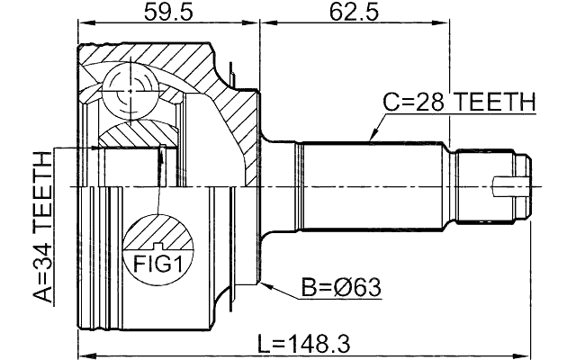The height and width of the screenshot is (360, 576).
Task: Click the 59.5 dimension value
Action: (167, 13)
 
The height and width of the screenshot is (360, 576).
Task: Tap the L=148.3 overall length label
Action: (303, 342)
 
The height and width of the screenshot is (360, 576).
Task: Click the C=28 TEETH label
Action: (459, 103)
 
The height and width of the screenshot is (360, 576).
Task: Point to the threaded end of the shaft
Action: (490, 187)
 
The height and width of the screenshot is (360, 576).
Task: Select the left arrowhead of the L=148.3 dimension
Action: (83, 353)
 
